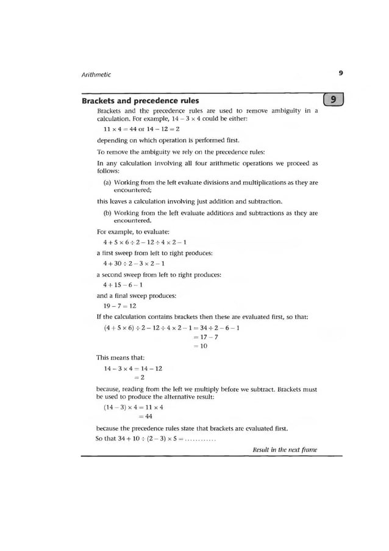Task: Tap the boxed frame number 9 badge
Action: click(335, 100)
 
